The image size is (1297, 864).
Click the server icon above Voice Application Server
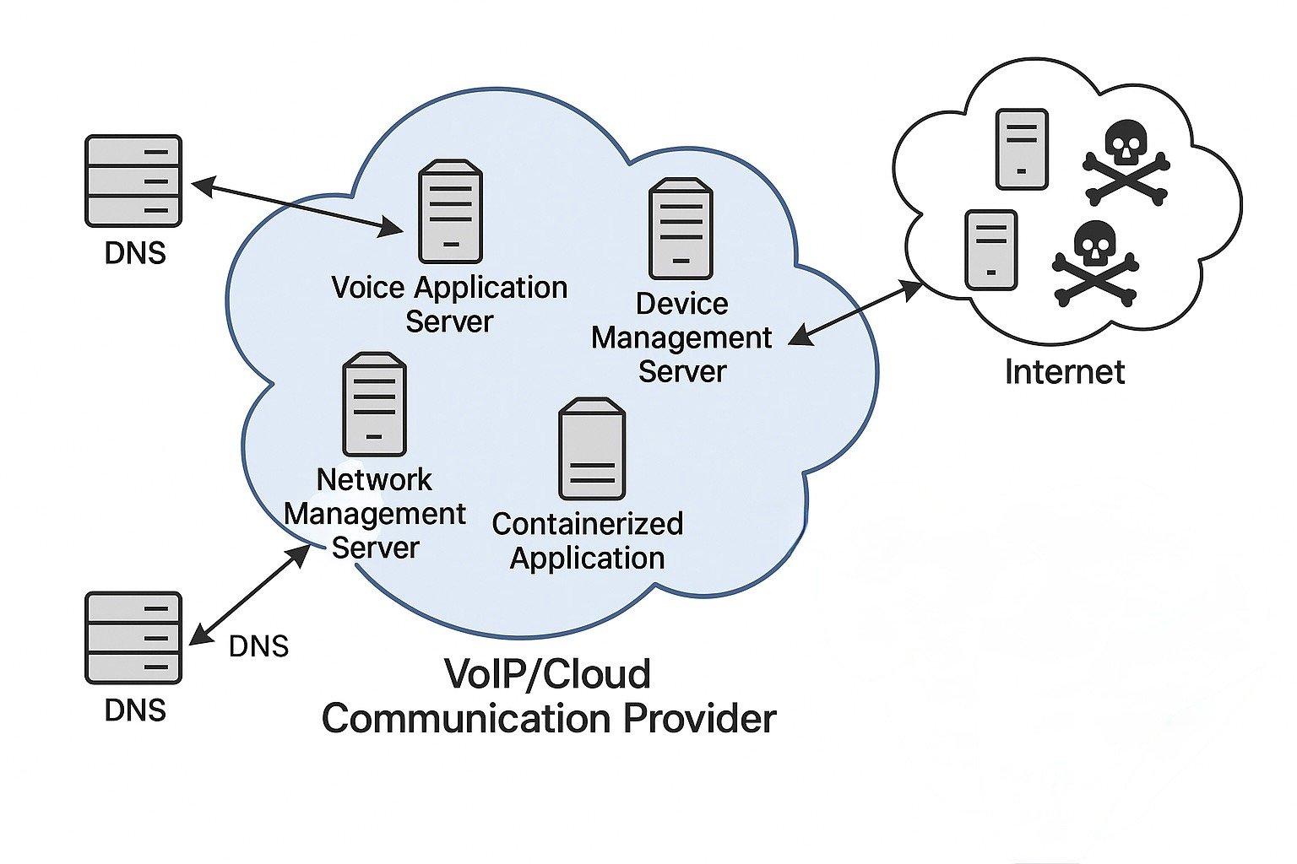pyautogui.click(x=451, y=212)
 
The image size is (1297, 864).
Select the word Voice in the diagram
pyautogui.click(x=368, y=288)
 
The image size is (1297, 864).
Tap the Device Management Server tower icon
pyautogui.click(x=681, y=229)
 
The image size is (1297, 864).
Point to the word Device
pyautogui.click(x=681, y=304)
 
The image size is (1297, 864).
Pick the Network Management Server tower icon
pyautogui.click(x=374, y=404)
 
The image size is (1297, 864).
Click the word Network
pyautogui.click(x=374, y=480)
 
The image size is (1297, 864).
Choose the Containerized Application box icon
pyautogui.click(x=592, y=450)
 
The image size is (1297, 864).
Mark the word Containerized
pyautogui.click(x=587, y=524)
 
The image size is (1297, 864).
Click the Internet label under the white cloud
pyautogui.click(x=1064, y=372)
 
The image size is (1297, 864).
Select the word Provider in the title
pyautogui.click(x=699, y=719)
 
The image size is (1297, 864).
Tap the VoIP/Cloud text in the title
pyautogui.click(x=547, y=674)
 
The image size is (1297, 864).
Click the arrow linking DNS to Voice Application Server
pyautogui.click(x=297, y=205)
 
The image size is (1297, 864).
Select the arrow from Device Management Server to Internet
pyautogui.click(x=855, y=313)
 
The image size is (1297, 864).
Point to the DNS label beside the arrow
pyautogui.click(x=258, y=646)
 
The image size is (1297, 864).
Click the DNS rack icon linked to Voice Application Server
pyautogui.click(x=133, y=181)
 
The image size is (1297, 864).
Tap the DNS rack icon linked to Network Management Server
pyautogui.click(x=133, y=637)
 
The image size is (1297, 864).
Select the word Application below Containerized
pyautogui.click(x=587, y=559)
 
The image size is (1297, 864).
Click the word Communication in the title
pyautogui.click(x=467, y=719)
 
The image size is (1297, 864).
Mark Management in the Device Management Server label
pyautogui.click(x=681, y=337)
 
